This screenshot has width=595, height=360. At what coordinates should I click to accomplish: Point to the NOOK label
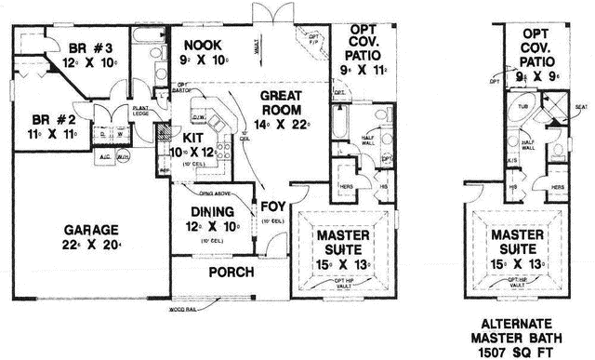point(201,45)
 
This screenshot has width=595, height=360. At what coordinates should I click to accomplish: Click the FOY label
point(272,207)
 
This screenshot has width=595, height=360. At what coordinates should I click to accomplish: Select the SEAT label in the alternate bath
point(580,107)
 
